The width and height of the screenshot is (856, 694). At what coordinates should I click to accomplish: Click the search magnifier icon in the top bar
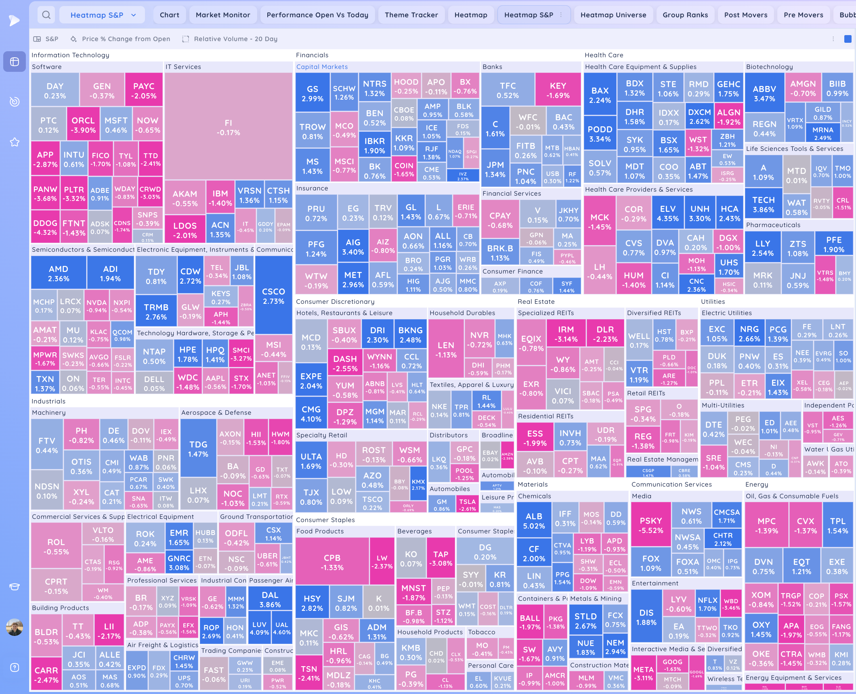46,15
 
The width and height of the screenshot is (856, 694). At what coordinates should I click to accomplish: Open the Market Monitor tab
223,15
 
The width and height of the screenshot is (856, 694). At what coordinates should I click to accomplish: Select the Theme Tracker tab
411,15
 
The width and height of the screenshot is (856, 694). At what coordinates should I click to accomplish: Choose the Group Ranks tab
685,15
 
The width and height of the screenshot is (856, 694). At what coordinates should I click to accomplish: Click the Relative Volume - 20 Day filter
235,39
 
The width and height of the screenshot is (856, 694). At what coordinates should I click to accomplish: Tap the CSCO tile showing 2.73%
273,296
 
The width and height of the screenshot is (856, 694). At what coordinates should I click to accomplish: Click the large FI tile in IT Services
228,127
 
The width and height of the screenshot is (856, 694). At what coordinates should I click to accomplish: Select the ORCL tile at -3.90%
83,125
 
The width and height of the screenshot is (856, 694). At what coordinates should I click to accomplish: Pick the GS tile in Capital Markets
312,93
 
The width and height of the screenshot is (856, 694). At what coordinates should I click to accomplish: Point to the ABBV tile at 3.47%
764,93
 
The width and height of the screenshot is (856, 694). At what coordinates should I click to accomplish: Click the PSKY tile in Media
650,525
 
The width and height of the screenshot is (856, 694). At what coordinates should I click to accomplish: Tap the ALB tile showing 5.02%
534,520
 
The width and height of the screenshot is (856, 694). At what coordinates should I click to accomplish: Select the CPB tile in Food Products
332,562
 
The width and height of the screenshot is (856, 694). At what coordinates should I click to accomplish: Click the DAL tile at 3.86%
270,599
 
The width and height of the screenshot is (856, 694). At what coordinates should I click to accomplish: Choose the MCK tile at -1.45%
599,222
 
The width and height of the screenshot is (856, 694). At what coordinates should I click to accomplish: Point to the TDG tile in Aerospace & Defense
198,449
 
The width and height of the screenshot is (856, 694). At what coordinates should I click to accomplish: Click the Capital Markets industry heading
322,67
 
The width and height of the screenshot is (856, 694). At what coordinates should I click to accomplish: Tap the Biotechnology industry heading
769,67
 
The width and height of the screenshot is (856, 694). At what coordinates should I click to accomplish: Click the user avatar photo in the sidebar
15,627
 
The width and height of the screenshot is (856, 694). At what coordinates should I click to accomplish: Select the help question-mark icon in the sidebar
15,667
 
